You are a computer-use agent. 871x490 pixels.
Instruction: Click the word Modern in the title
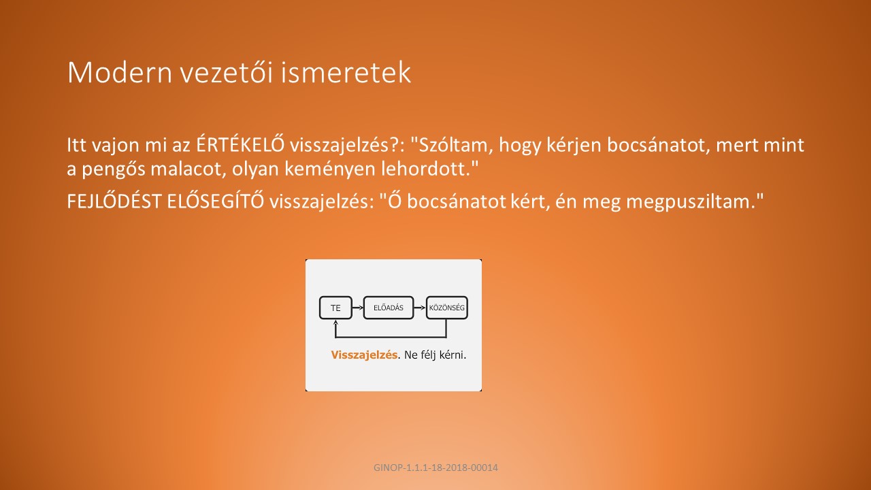[x=120, y=72]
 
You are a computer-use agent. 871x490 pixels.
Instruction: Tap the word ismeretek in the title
[x=345, y=72]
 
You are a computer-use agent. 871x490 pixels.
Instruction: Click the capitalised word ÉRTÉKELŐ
[x=240, y=144]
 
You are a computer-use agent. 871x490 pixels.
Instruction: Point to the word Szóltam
[x=451, y=145]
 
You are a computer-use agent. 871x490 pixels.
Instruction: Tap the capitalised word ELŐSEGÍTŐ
[x=216, y=201]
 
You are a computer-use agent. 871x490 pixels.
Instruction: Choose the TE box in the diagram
[x=335, y=308]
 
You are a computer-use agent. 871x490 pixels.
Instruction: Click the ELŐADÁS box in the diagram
[x=389, y=308]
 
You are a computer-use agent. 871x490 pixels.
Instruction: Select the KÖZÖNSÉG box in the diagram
[x=447, y=308]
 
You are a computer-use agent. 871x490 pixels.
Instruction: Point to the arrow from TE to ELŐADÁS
[x=358, y=308]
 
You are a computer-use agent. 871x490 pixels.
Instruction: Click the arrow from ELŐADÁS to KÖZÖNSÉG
[x=420, y=308]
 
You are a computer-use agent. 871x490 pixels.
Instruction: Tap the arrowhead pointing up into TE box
[x=335, y=322]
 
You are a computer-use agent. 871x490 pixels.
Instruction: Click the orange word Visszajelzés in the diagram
[x=364, y=355]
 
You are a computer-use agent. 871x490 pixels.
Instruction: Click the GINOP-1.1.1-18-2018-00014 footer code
[x=435, y=468]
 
